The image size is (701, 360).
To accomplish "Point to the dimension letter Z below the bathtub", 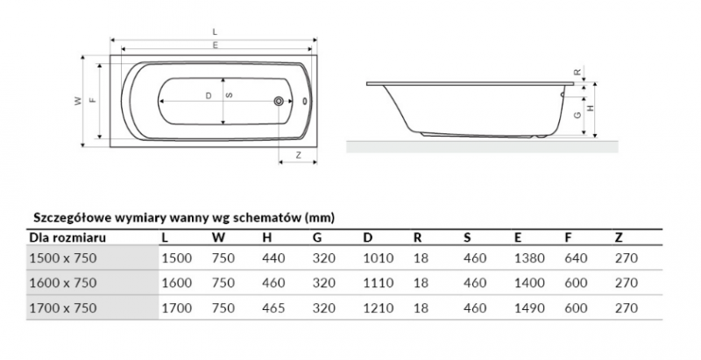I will pos(299,154).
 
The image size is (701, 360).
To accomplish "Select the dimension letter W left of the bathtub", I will pos(77,102).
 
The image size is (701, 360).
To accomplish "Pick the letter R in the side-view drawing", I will pos(577,72).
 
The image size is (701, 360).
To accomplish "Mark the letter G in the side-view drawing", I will pos(577,114).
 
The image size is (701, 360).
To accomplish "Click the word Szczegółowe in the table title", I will pos(69,216).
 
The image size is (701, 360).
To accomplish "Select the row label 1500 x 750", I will pos(64,258).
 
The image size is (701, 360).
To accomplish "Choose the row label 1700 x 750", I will pos(64,307).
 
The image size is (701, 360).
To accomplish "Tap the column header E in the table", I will pos(519,236).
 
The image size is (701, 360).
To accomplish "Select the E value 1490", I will pos(531,307).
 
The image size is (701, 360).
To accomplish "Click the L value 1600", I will pos(176,283).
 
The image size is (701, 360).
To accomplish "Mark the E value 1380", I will pos(531,258).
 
